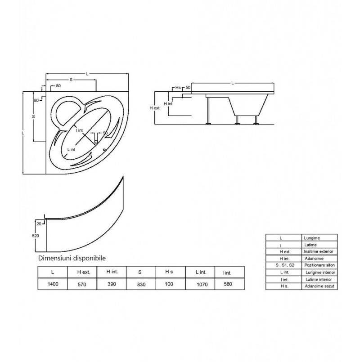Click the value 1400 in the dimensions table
tap(53, 284)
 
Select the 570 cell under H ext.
tap(82, 284)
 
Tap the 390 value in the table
tap(112, 284)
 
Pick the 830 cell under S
tap(141, 284)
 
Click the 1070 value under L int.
tap(202, 284)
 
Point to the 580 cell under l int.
tap(228, 284)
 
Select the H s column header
tap(169, 272)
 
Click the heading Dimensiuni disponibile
tap(72, 258)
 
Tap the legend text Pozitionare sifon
tap(319, 265)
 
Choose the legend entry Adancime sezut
tap(319, 286)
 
